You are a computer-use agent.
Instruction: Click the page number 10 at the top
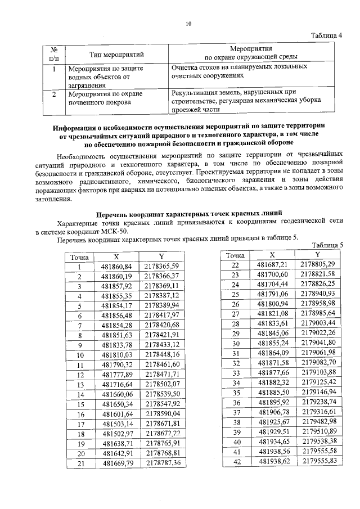pos(188,24)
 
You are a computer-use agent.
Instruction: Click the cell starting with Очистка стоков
pos(239,70)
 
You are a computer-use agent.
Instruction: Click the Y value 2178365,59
pos(161,267)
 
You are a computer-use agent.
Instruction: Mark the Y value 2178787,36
pos(161,463)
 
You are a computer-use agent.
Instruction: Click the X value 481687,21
pos(272,264)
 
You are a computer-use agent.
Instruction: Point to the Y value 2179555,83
pos(318,461)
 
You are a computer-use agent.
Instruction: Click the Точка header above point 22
pos(236,255)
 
